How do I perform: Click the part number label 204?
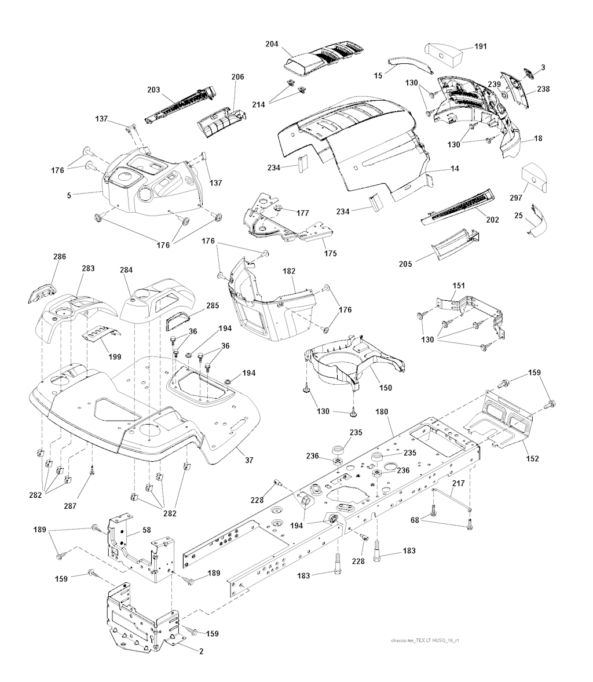pyautogui.click(x=272, y=44)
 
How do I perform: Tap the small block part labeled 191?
pyautogui.click(x=442, y=55)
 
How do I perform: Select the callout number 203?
pyautogui.click(x=153, y=90)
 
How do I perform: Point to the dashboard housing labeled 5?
pyautogui.click(x=150, y=183)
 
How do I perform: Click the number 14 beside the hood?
pyautogui.click(x=455, y=168)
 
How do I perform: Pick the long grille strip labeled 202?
pyautogui.click(x=458, y=207)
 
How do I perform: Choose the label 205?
pyautogui.click(x=405, y=264)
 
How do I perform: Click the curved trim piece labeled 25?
pyautogui.click(x=537, y=220)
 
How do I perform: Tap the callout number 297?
pyautogui.click(x=515, y=198)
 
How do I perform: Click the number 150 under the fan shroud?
pyautogui.click(x=385, y=388)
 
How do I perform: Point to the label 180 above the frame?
pyautogui.click(x=382, y=411)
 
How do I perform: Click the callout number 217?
pyautogui.click(x=458, y=483)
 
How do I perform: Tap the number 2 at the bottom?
pyautogui.click(x=202, y=651)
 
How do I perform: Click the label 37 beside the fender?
pyautogui.click(x=248, y=459)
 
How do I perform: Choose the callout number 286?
pyautogui.click(x=60, y=256)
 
